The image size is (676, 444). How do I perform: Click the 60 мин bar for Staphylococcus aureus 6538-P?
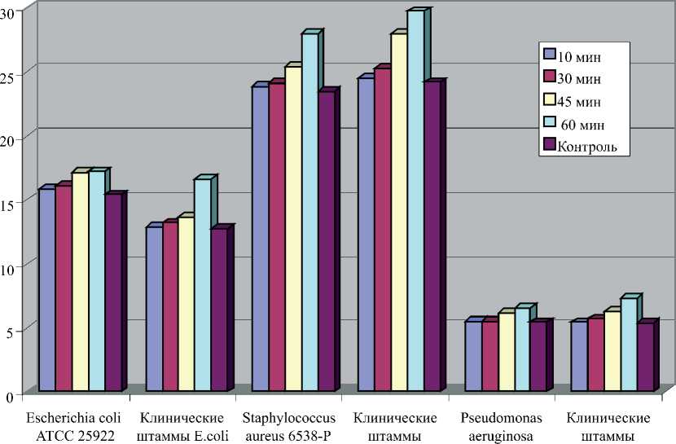point(309,212)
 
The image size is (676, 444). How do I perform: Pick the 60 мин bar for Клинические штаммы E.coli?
point(203,284)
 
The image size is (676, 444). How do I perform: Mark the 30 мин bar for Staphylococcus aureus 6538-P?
point(276,236)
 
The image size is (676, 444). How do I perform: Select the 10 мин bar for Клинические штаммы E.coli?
point(154,309)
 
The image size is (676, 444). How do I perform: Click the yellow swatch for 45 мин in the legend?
point(550,100)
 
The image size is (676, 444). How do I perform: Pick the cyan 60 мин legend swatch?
point(550,123)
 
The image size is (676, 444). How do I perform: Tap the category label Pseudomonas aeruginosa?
point(500,427)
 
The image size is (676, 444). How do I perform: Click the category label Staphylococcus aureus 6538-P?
point(288,427)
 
